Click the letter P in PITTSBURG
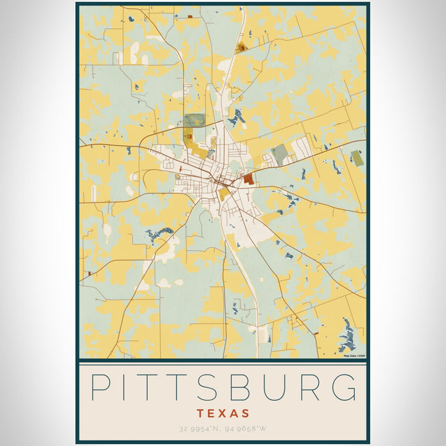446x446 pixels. coord(99,387)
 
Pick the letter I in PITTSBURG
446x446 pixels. coord(126,387)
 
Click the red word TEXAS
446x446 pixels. coord(223,414)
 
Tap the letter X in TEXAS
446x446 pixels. coord(223,414)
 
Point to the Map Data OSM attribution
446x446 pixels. coord(354,356)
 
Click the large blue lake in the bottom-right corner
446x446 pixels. coord(348,336)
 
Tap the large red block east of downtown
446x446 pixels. coord(248,179)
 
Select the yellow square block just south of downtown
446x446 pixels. coord(224,194)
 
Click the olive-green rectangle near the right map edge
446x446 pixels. coord(357,158)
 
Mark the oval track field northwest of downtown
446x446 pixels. coord(196,120)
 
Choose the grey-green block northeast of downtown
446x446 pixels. coord(279,154)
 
